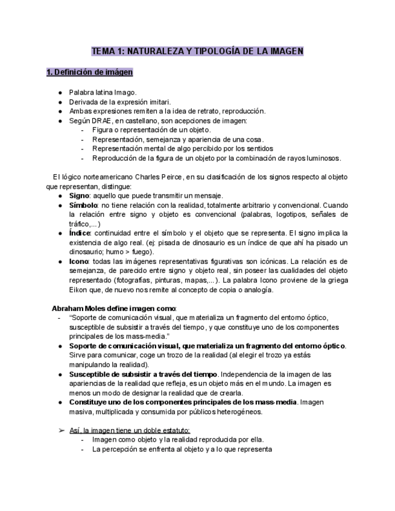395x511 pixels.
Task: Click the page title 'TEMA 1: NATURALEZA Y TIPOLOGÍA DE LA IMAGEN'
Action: pos(197,51)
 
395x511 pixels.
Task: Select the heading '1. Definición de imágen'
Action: pos(90,72)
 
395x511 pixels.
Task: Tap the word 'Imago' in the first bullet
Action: pos(125,93)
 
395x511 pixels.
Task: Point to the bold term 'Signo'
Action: pos(78,196)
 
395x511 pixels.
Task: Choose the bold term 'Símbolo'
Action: pos(83,205)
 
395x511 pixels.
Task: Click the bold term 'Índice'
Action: pos(80,233)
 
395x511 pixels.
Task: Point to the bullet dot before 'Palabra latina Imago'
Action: pos(60,93)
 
